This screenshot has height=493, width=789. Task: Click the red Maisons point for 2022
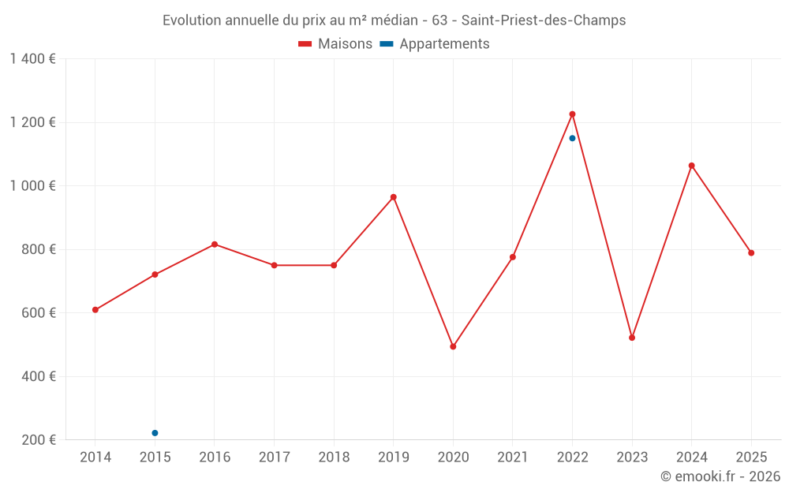click(572, 114)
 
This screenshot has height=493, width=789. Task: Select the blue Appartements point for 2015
click(155, 433)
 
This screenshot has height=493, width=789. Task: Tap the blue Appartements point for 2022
click(572, 138)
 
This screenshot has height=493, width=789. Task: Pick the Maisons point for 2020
click(453, 347)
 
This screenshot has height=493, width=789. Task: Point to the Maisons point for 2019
click(393, 197)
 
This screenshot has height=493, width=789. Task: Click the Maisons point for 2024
click(691, 166)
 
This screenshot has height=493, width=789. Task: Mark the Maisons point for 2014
click(95, 310)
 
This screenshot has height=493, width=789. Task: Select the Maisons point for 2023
click(632, 338)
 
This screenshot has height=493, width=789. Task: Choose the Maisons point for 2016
click(215, 245)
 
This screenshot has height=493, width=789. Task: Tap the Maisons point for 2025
click(751, 253)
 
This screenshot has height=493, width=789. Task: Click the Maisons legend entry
click(335, 44)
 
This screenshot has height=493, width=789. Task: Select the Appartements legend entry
click(435, 44)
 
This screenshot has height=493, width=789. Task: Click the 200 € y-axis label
click(38, 440)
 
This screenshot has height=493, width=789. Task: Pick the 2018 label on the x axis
click(334, 458)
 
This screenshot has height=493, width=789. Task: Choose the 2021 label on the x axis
click(513, 458)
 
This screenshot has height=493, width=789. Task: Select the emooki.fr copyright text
click(720, 476)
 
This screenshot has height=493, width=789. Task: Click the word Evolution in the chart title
click(192, 21)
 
